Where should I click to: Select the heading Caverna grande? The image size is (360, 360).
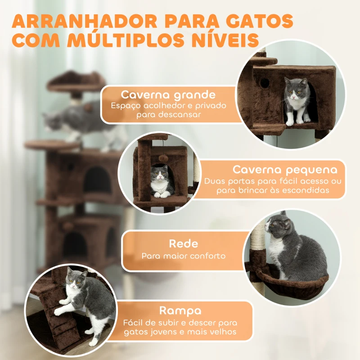(168, 95)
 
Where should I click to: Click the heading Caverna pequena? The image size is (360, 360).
(285, 170)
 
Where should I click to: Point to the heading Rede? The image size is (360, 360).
(183, 244)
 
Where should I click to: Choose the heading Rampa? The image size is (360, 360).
(180, 310)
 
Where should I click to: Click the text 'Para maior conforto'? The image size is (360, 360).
(183, 256)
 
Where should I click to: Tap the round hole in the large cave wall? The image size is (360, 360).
(265, 83)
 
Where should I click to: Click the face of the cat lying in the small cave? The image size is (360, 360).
(159, 174)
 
